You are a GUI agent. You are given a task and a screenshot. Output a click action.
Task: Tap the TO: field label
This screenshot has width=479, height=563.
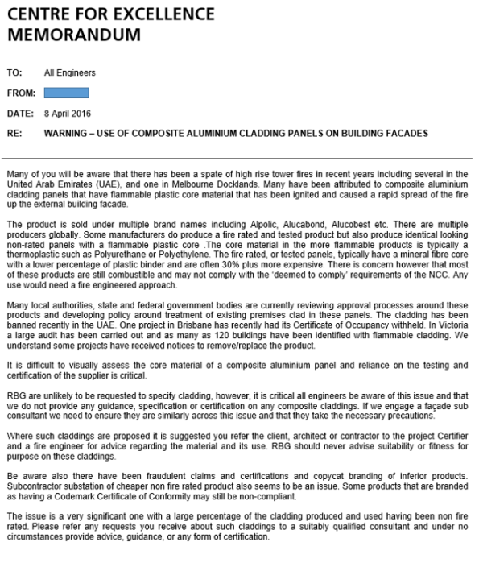pos(14,72)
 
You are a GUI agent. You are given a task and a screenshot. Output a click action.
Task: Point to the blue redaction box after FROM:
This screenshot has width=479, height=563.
pos(66,93)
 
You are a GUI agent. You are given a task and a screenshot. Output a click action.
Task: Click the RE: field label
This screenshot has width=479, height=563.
pos(14,132)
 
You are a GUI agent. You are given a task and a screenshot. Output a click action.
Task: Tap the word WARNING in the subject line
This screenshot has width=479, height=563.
pos(68,132)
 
